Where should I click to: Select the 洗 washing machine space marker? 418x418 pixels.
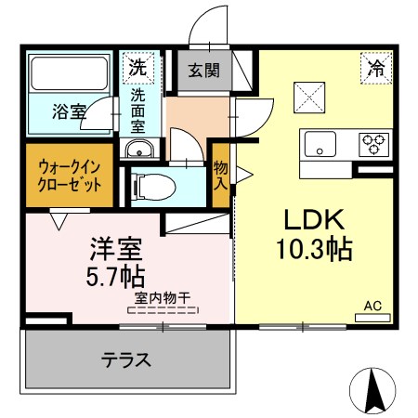click(137, 67)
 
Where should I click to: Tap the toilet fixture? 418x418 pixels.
click(149, 185)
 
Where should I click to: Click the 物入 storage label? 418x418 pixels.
click(221, 174)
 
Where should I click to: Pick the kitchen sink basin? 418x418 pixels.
click(321, 144)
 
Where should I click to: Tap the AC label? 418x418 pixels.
click(372, 306)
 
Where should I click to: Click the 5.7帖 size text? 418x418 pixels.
click(116, 278)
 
